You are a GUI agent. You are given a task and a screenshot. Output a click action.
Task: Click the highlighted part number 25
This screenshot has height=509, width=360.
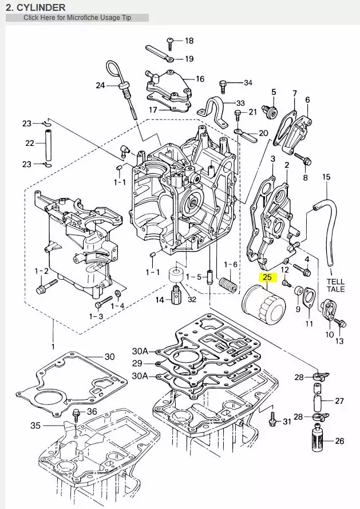click(x=267, y=278)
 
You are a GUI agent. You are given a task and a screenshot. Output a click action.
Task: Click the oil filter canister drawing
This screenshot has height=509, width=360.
click(x=263, y=306)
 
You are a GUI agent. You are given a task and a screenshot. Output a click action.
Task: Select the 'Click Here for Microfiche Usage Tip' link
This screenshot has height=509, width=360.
click(x=77, y=18)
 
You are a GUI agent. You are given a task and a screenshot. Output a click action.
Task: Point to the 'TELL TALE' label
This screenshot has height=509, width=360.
click(x=335, y=286)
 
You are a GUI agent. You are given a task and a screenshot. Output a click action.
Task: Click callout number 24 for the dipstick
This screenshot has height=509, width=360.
click(x=101, y=86)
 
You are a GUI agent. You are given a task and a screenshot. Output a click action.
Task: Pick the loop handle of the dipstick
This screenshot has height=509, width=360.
click(x=114, y=71)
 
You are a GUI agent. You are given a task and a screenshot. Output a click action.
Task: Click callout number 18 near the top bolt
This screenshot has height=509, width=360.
click(x=189, y=41)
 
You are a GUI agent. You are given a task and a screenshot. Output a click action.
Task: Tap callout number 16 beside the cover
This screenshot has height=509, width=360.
click(x=200, y=79)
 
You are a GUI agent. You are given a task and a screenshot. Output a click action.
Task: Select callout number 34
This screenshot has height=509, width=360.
click(x=247, y=83)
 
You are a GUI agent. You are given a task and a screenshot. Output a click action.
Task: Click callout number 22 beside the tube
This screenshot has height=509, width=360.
click(x=29, y=143)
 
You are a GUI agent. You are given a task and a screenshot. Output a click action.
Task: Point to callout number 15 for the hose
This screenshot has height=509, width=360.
click(x=326, y=177)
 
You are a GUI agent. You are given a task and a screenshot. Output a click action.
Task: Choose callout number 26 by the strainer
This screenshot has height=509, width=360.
click(x=339, y=441)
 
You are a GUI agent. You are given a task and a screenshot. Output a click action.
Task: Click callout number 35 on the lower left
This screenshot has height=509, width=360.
click(x=35, y=426)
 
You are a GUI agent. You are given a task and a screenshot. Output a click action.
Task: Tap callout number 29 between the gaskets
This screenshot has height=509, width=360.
click(x=137, y=363)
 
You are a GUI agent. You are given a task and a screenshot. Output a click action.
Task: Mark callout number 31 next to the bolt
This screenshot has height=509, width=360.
click(x=287, y=421)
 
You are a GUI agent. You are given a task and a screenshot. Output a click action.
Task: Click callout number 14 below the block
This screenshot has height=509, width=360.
click(x=161, y=300)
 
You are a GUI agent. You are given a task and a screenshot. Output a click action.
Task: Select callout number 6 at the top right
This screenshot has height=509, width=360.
click(x=307, y=100)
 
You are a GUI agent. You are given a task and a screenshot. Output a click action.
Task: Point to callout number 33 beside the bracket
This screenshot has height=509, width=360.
click(x=240, y=103)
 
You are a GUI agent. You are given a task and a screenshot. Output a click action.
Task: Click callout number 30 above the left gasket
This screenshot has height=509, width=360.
click(x=109, y=356)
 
